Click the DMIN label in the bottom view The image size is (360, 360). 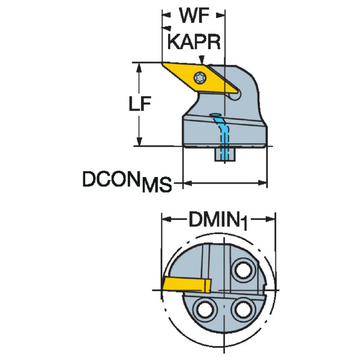213,220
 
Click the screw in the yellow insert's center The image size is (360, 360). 200,77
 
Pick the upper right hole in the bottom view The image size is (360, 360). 244,271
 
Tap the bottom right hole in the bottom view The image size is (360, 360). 242,310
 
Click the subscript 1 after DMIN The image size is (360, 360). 244,223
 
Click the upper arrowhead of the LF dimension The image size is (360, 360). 140,65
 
